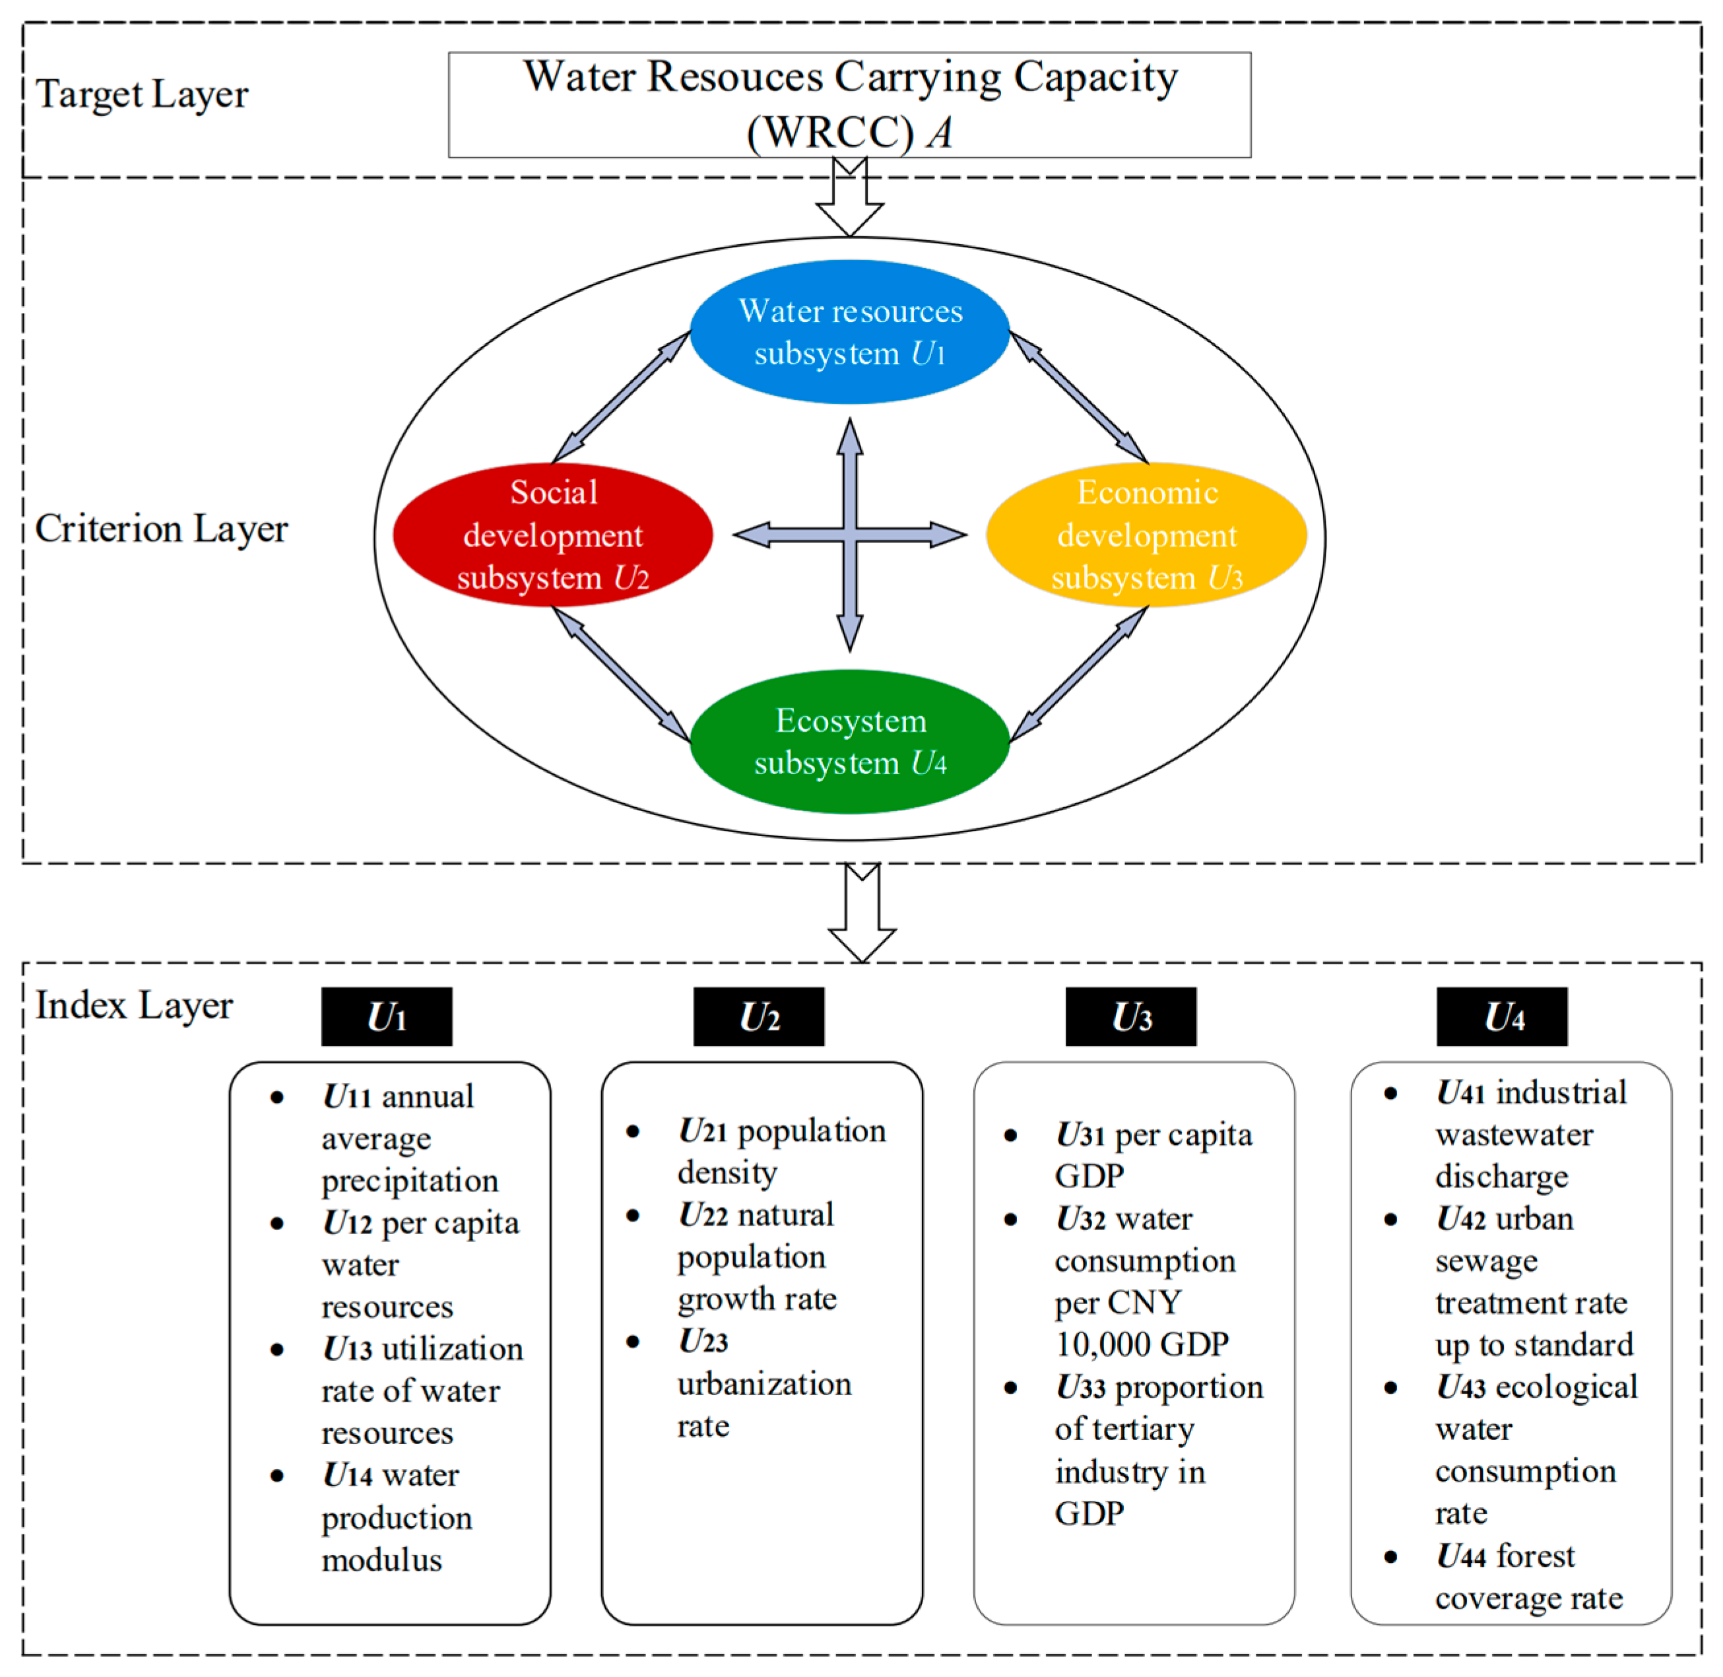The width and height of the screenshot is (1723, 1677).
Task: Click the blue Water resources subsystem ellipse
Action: point(849,332)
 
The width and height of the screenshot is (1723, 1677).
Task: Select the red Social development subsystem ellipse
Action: point(552,535)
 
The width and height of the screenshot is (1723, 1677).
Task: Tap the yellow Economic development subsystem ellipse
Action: point(1146,535)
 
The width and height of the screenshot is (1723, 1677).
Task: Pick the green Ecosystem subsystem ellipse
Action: point(849,742)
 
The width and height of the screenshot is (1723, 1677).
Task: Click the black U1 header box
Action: point(387,1016)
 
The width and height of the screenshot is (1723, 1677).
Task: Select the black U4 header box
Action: point(1502,1016)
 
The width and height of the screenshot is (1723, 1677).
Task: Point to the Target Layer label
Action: point(142,94)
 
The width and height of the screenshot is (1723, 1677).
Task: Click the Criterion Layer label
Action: point(161,529)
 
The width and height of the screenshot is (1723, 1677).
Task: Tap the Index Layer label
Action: point(134,1005)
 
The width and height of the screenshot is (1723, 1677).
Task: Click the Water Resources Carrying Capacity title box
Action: point(849,105)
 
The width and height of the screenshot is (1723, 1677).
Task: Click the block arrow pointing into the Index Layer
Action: point(862,914)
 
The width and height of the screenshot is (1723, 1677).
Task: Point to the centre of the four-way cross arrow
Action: point(849,534)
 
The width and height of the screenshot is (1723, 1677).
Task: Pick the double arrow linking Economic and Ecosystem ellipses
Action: point(1078,674)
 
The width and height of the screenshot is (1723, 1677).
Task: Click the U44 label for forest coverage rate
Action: point(1462,1556)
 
